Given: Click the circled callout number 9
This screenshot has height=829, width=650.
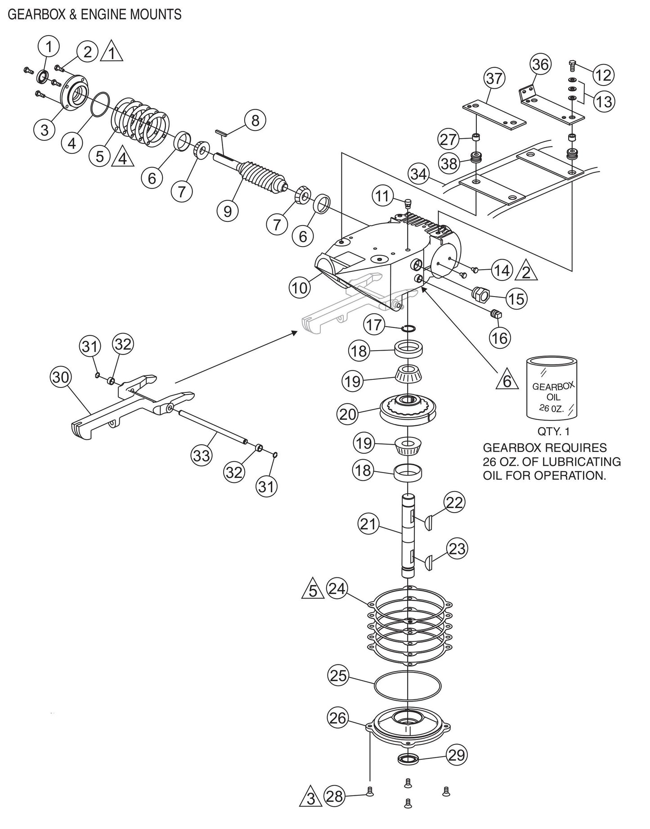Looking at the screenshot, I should pos(228,210).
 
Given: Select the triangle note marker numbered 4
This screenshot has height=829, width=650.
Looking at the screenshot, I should pos(123,158).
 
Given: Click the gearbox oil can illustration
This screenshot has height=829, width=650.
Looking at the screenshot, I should pos(553,387).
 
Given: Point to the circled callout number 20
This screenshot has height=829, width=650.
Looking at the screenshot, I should pos(347,414).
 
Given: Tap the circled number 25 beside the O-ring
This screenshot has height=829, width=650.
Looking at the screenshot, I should pos(339,676).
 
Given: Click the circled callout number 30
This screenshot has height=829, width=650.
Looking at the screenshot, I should pos(61,377).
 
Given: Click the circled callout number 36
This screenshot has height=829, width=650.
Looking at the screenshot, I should pos(540,65).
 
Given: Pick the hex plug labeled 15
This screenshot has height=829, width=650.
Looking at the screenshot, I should pos(480,295).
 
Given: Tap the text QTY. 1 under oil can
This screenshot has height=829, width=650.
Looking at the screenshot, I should pos(553,432).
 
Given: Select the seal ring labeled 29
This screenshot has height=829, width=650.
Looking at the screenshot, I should pos(408,759).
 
